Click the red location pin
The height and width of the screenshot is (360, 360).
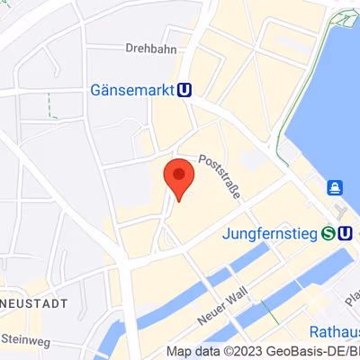point(178,177)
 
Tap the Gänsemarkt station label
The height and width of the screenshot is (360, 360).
point(133,90)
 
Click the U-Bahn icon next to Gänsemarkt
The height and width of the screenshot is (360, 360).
point(185,90)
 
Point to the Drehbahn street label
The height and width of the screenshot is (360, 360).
point(149,49)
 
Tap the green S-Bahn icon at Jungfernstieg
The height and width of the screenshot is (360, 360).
point(329,234)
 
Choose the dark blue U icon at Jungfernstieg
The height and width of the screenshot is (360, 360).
point(346,234)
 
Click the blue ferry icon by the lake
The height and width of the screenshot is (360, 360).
point(335,187)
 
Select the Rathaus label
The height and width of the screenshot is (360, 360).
point(334,331)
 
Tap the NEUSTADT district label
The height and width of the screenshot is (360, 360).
point(34,304)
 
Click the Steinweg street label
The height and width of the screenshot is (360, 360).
point(27,339)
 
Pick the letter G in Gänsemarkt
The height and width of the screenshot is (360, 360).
point(97,90)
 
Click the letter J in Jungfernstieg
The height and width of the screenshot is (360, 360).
point(226,234)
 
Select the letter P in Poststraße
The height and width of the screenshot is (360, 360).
point(202,158)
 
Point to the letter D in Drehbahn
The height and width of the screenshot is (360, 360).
point(130,49)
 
